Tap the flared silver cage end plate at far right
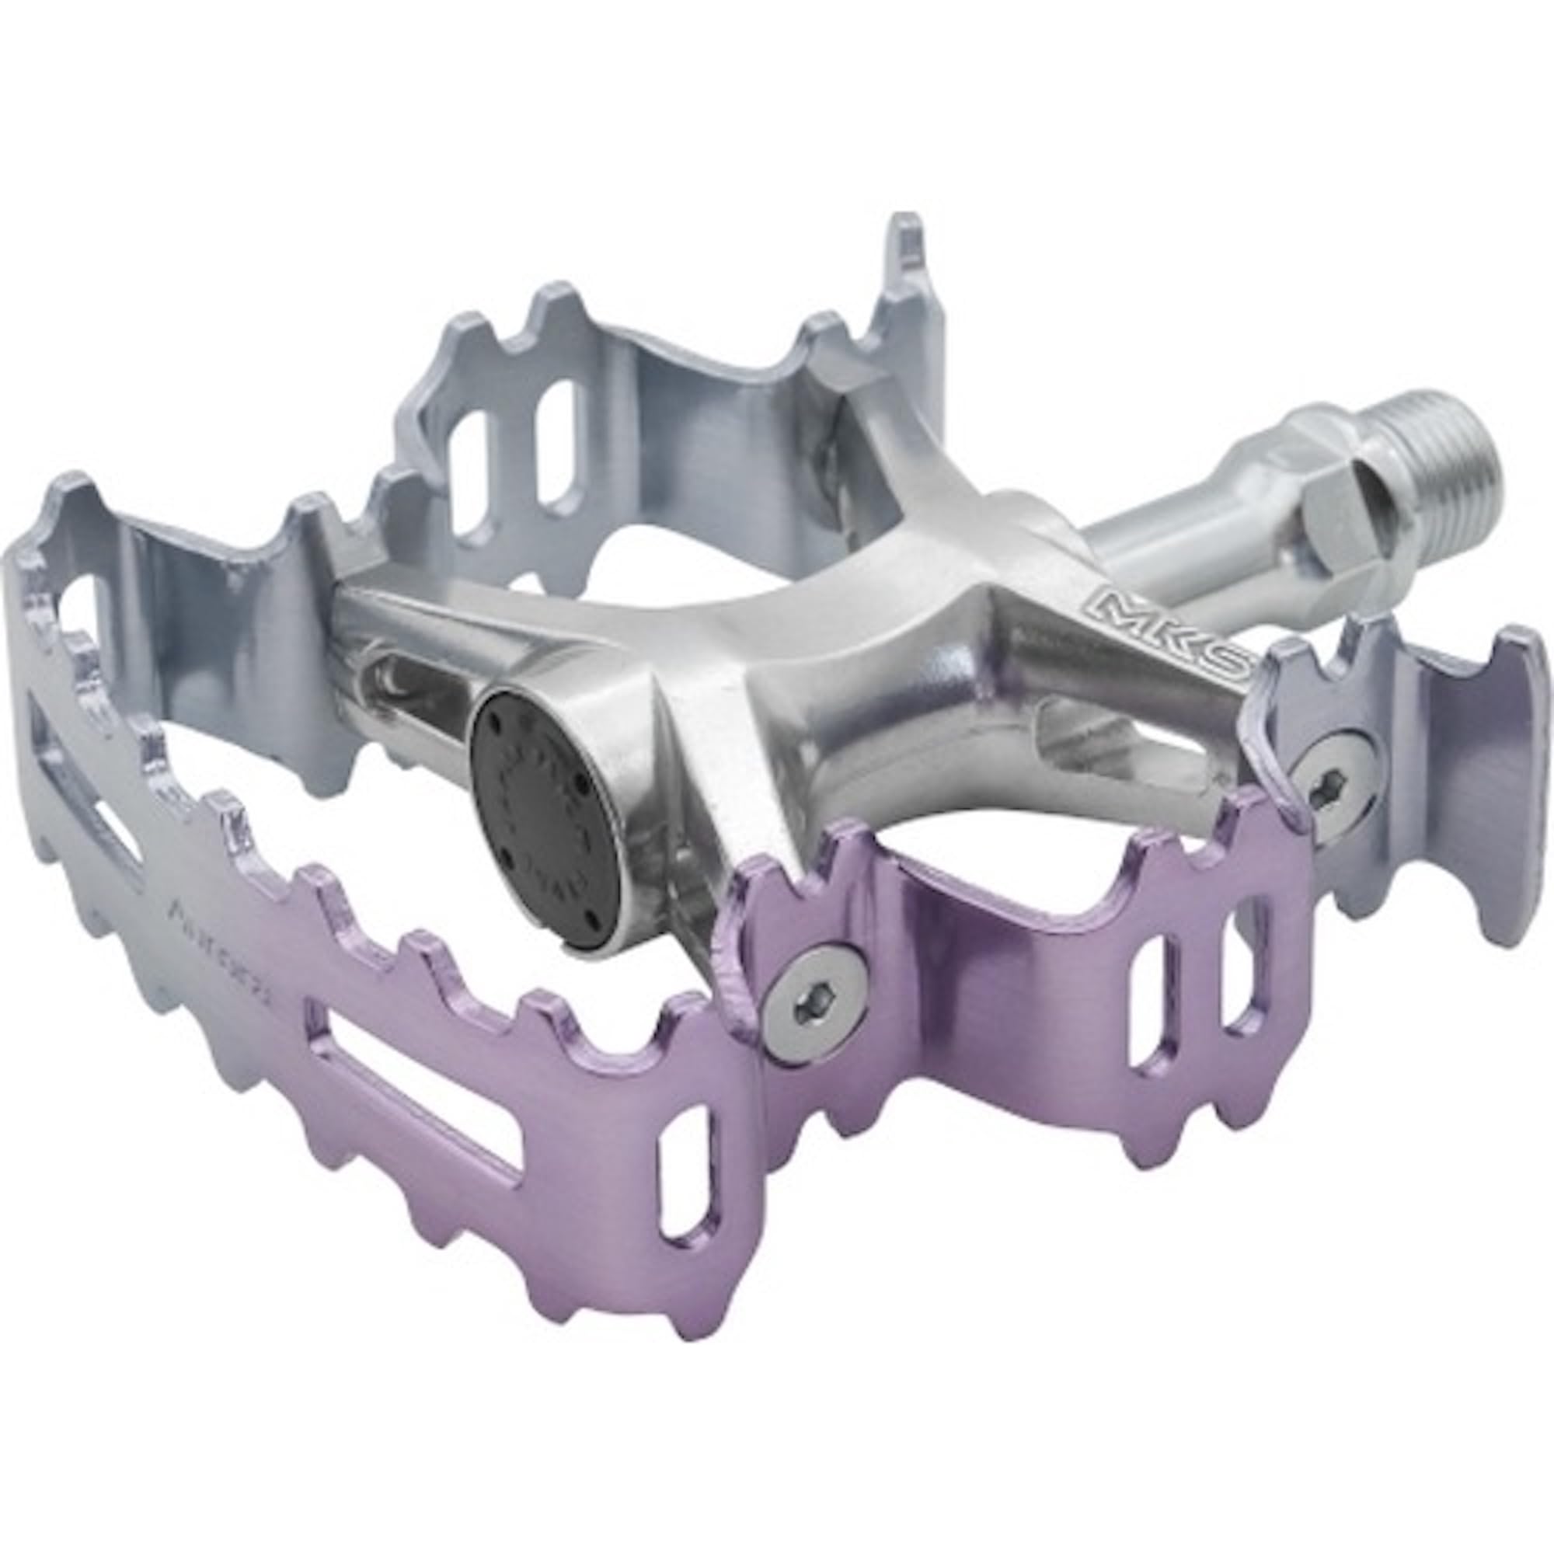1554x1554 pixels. (1464, 788)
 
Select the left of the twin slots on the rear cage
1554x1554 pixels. (466, 451)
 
